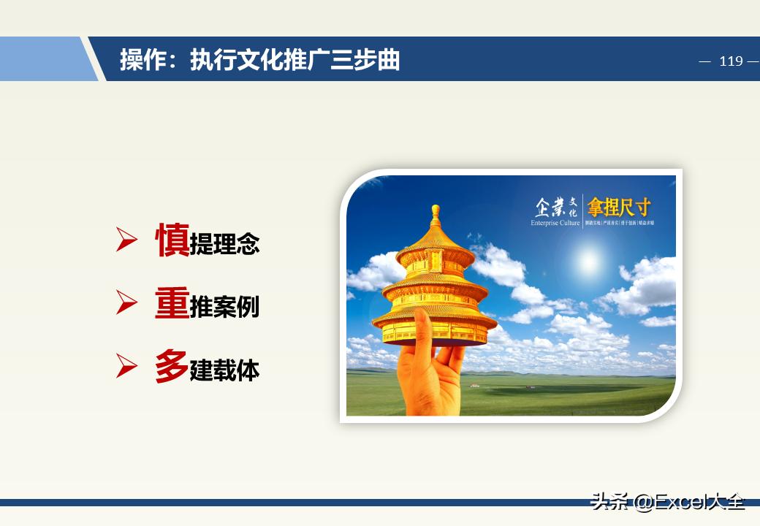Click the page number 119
point(730,61)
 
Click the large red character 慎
point(172,240)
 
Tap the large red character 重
point(172,303)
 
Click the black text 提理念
point(224,244)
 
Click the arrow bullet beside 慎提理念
point(126,240)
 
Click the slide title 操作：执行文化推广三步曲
point(260,60)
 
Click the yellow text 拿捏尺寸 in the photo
point(618,206)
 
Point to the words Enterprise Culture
point(555,223)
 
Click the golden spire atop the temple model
point(436,216)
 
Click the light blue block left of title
point(44,59)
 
